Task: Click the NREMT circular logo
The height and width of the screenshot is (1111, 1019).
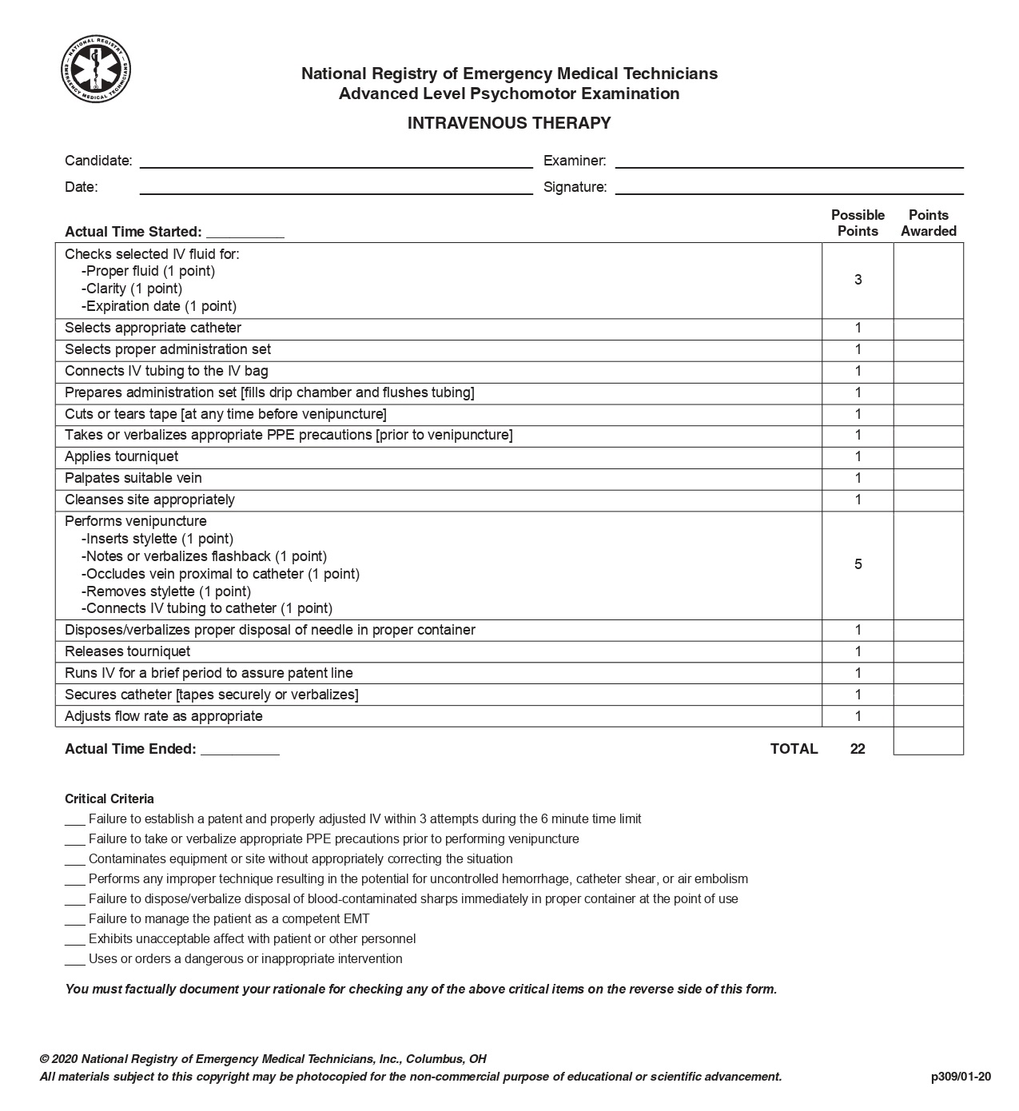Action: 96,70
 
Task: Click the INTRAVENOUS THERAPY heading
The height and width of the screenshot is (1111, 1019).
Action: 509,123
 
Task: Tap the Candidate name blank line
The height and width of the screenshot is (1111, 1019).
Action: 336,162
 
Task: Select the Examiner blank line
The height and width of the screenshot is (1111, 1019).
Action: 789,162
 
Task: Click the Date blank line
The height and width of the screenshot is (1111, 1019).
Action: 336,189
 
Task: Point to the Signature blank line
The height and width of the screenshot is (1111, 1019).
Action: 789,189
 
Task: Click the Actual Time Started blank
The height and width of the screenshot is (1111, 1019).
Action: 245,233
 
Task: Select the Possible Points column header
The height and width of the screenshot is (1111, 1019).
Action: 858,223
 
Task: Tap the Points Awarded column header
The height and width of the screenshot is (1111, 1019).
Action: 928,223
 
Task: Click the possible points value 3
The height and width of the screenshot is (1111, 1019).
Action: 858,280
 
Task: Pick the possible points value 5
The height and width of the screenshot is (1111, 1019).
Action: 858,564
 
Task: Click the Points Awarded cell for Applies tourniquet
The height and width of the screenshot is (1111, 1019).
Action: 928,457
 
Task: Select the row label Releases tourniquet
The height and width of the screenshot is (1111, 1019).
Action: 128,651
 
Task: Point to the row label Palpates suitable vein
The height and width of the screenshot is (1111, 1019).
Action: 133,478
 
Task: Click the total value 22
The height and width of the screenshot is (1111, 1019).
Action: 858,749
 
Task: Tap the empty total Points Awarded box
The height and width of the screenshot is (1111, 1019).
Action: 928,741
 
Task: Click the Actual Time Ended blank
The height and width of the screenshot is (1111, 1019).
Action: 240,751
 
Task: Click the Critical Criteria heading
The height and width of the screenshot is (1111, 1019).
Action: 109,798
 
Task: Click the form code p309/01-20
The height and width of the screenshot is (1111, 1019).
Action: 961,1077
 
